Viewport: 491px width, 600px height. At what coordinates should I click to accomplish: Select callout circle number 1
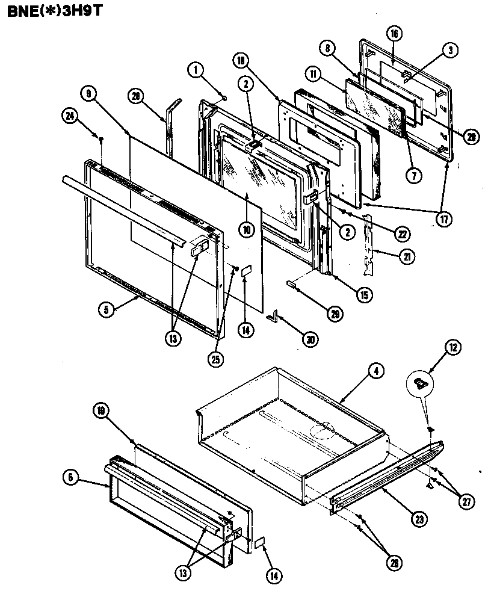(x=196, y=69)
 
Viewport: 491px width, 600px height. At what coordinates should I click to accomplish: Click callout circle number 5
(x=106, y=311)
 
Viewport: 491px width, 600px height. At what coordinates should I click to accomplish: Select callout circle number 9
(x=88, y=93)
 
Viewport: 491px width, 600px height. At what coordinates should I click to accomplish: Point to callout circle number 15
(x=364, y=295)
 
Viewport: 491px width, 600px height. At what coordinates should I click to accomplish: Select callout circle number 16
(x=394, y=34)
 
